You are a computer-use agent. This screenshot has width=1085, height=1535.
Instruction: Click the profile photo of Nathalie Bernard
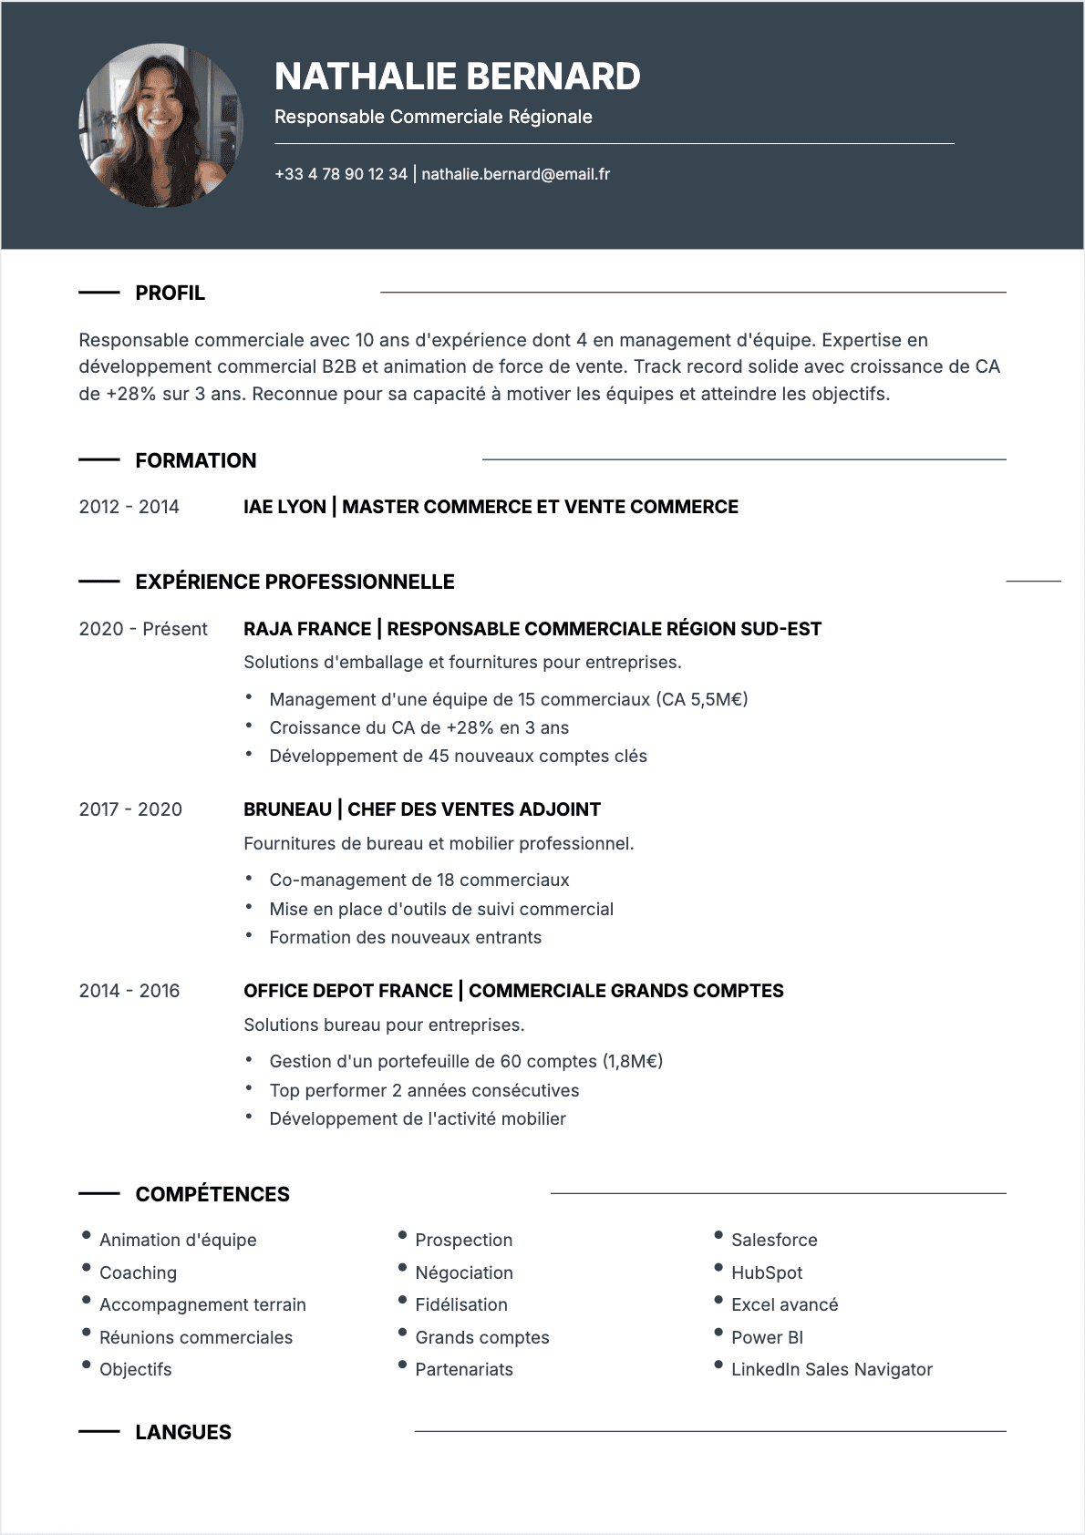coord(161,125)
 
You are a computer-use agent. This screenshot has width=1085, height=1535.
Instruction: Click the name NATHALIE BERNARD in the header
coord(457,77)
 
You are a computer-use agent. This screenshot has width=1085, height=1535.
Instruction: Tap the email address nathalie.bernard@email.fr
coord(515,174)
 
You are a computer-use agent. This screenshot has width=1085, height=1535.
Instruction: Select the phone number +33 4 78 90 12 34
coord(341,174)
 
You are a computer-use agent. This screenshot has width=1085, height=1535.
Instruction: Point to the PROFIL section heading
coord(170,293)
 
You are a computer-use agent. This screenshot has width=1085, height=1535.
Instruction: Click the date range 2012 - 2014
coord(129,507)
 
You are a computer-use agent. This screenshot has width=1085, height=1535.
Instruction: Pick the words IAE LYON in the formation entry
coord(284,507)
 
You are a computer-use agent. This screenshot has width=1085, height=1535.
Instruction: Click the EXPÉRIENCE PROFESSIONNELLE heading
coord(294,582)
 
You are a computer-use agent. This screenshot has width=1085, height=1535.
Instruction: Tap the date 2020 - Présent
coord(143,629)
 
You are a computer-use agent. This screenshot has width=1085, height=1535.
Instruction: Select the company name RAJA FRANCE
coord(307,629)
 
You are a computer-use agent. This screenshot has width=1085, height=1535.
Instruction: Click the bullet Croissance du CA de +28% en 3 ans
coord(418,727)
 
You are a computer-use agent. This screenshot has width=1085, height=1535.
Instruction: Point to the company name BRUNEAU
coord(287,809)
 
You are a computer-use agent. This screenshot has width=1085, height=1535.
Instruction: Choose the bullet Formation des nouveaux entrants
coord(405,937)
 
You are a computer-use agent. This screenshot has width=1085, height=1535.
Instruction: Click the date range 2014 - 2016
coord(129,991)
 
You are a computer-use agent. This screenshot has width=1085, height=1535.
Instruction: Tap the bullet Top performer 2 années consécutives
coord(424,1090)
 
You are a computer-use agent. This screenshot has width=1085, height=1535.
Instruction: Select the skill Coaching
coord(138,1272)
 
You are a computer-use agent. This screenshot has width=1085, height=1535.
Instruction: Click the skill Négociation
coord(463,1272)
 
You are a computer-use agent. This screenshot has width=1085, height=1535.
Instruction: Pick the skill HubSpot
coord(766,1272)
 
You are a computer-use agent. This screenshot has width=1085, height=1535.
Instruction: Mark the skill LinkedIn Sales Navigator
coord(831,1369)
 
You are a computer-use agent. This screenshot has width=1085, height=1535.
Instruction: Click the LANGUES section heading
coord(182,1432)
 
